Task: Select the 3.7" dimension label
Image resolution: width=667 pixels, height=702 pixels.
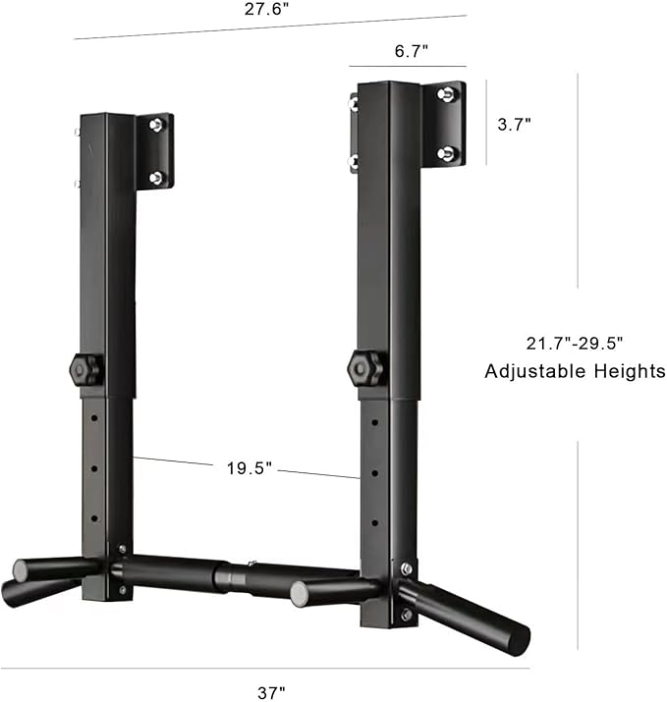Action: point(514,124)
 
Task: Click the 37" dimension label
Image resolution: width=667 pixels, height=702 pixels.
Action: point(271,692)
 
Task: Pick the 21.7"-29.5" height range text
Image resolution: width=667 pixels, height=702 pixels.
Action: point(575,343)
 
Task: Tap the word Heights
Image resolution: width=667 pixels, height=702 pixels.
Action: point(629,371)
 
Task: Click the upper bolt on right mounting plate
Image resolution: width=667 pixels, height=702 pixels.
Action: point(446,95)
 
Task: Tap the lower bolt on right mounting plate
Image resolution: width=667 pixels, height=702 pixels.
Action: point(446,152)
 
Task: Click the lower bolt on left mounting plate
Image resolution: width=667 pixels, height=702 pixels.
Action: point(155,177)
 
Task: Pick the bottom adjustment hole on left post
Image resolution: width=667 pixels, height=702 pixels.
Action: point(95,518)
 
